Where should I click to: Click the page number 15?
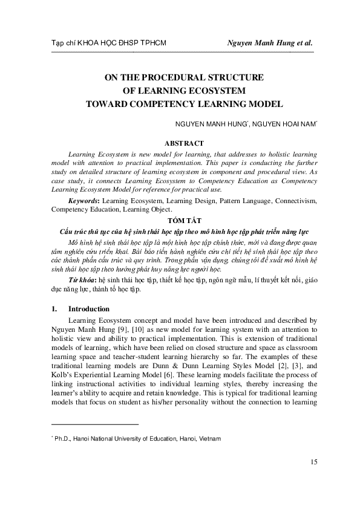click(313, 462)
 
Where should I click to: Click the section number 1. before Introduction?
click(54, 308)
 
